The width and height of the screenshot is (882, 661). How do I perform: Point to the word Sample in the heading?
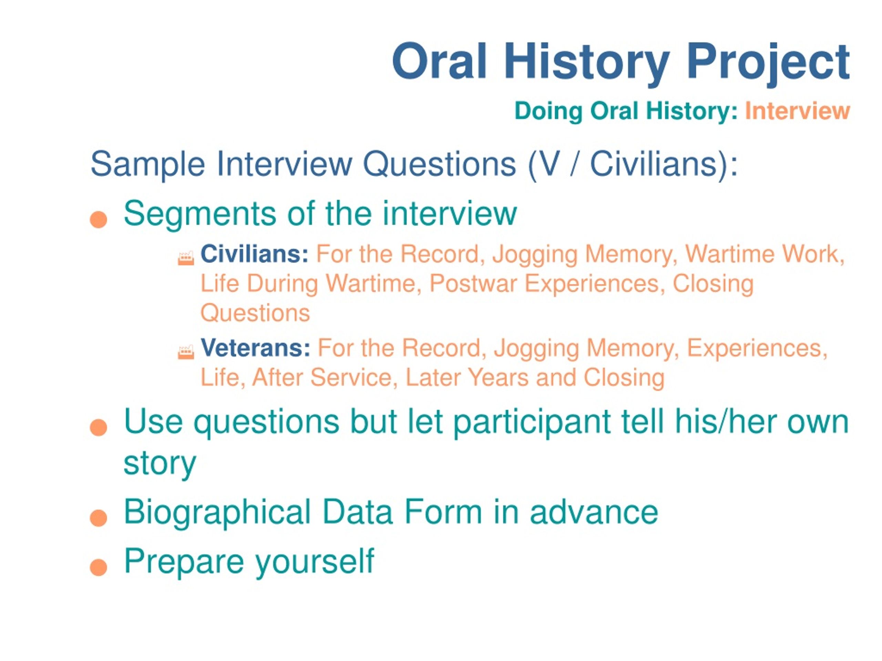[147, 165]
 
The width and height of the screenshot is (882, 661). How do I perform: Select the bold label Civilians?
[254, 254]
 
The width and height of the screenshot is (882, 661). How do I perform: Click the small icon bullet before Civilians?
[186, 258]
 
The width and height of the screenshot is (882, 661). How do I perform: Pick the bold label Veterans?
[255, 348]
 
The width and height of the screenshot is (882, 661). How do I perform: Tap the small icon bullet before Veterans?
[186, 352]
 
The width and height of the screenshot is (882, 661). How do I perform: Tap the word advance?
[594, 512]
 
